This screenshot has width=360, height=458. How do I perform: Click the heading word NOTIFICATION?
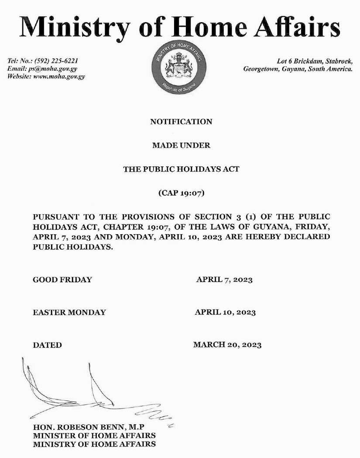pos(181,122)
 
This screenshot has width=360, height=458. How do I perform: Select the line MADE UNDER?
pos(181,145)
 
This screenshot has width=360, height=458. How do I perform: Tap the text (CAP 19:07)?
pos(181,193)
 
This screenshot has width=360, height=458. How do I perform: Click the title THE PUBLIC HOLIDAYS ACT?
pos(181,169)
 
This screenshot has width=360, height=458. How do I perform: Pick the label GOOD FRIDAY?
pos(62,280)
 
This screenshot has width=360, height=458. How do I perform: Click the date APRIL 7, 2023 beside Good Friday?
pos(224,280)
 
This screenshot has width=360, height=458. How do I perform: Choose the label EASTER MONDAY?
pos(69,312)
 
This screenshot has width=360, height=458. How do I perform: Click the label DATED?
pos(48,345)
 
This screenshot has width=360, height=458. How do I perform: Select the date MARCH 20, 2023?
pos(227,345)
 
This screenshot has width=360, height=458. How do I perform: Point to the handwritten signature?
pos(87,390)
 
